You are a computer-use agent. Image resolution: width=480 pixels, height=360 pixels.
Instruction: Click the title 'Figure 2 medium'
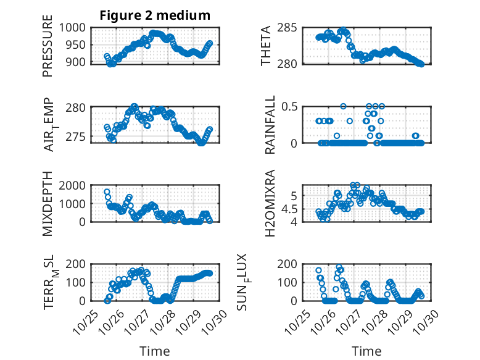[155, 15]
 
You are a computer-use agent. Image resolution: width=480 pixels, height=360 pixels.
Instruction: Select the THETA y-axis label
[266, 46]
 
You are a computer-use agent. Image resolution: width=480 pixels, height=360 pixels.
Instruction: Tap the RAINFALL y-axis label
[270, 125]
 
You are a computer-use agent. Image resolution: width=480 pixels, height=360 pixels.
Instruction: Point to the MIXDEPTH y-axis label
[48, 204]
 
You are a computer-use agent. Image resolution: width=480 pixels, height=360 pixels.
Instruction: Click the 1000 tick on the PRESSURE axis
[76, 28]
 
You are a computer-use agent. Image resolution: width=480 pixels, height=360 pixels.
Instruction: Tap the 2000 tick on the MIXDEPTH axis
[76, 186]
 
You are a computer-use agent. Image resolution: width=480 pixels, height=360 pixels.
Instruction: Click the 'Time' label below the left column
[155, 351]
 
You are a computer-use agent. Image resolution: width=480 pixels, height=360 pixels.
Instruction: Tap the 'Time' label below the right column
[366, 351]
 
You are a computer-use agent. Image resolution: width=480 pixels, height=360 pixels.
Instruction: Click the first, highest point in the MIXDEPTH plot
[107, 192]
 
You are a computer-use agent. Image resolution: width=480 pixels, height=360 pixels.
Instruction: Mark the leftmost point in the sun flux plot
[318, 270]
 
